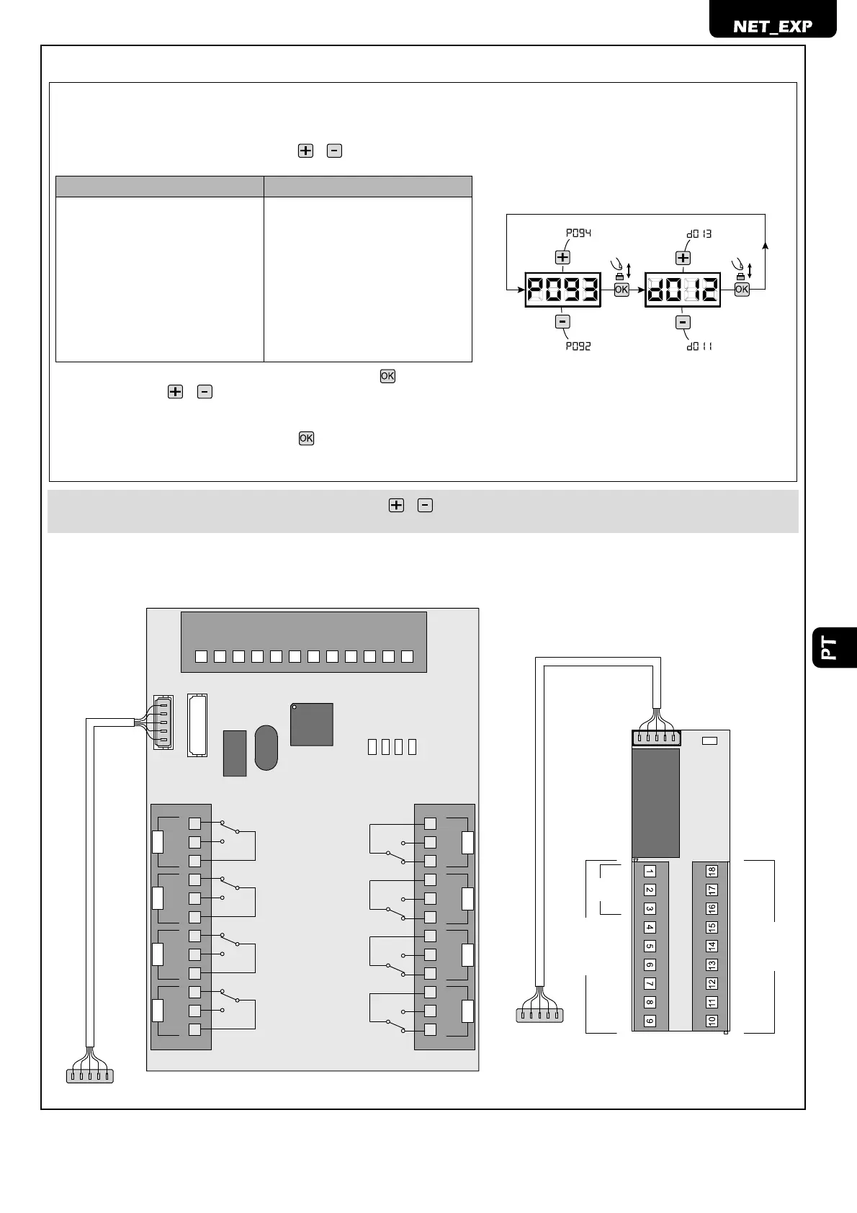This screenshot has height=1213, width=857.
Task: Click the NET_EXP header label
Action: pos(773,26)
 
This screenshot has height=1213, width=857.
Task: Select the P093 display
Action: pos(562,290)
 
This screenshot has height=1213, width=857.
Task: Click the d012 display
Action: pos(683,290)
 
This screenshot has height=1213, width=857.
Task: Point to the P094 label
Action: pos(578,233)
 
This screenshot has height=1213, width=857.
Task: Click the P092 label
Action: pos(578,346)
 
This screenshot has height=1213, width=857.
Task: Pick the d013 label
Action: pos(699,233)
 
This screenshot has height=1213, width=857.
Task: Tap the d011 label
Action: pos(699,346)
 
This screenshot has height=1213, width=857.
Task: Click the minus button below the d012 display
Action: pos(683,322)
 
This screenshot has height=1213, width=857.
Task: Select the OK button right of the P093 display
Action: pos(621,290)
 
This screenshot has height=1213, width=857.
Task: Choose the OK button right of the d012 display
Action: pos(742,290)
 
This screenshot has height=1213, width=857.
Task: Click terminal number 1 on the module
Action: pos(650,872)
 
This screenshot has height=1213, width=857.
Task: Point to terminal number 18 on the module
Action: pos(712,872)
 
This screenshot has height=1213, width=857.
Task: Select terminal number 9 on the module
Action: pos(650,1021)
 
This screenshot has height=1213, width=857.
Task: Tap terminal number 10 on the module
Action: pos(712,1021)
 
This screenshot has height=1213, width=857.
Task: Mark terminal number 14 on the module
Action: pos(712,946)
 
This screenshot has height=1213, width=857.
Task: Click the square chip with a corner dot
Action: pos(312,724)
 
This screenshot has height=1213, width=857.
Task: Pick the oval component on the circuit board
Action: pos(266,747)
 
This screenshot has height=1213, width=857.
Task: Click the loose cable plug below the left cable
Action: pos(90,1076)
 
